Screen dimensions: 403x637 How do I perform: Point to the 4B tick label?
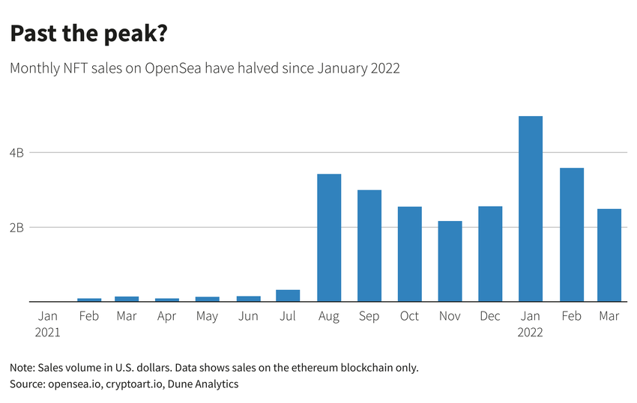tap(17, 153)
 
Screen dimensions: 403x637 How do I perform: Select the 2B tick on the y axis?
tap(17, 227)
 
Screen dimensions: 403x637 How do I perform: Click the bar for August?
tap(329, 237)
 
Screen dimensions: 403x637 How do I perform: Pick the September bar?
tap(369, 246)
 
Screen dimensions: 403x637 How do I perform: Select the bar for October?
tap(410, 254)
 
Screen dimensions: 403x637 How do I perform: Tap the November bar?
tap(450, 261)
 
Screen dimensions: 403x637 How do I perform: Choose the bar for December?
tap(490, 254)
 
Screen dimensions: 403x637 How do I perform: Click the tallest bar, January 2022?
tap(531, 209)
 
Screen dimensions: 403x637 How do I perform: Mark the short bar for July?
tap(289, 296)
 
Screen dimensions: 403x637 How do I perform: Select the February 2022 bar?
tap(571, 234)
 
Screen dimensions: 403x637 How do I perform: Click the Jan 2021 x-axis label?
tap(47, 324)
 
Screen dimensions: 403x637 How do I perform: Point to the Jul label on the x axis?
tap(289, 316)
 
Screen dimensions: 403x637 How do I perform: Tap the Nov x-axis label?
tap(450, 316)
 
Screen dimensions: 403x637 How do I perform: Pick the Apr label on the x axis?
tap(167, 316)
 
